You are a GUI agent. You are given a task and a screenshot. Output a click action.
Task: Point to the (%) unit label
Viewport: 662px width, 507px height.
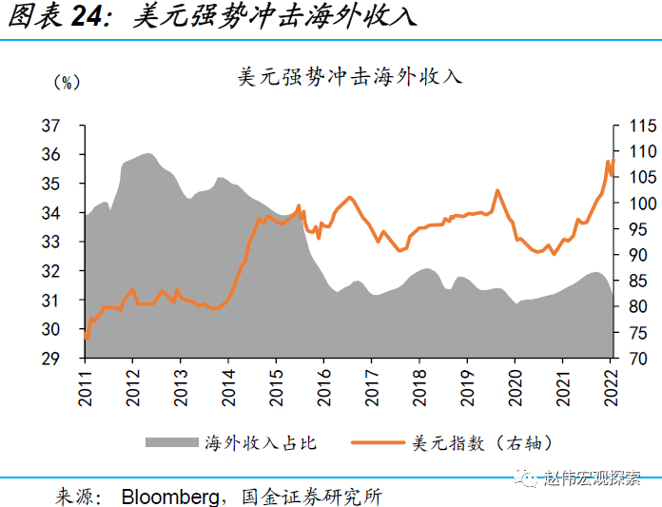66,83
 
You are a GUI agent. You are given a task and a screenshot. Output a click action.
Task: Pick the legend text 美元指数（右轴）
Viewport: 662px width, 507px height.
481,442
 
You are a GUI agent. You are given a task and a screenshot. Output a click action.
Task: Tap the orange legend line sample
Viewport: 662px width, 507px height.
379,442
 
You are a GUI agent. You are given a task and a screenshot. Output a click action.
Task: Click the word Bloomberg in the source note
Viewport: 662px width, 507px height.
170,496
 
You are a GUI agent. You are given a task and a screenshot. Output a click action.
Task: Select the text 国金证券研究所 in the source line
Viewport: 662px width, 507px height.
313,496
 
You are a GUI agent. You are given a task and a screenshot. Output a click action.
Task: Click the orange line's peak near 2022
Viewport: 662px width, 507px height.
608,162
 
